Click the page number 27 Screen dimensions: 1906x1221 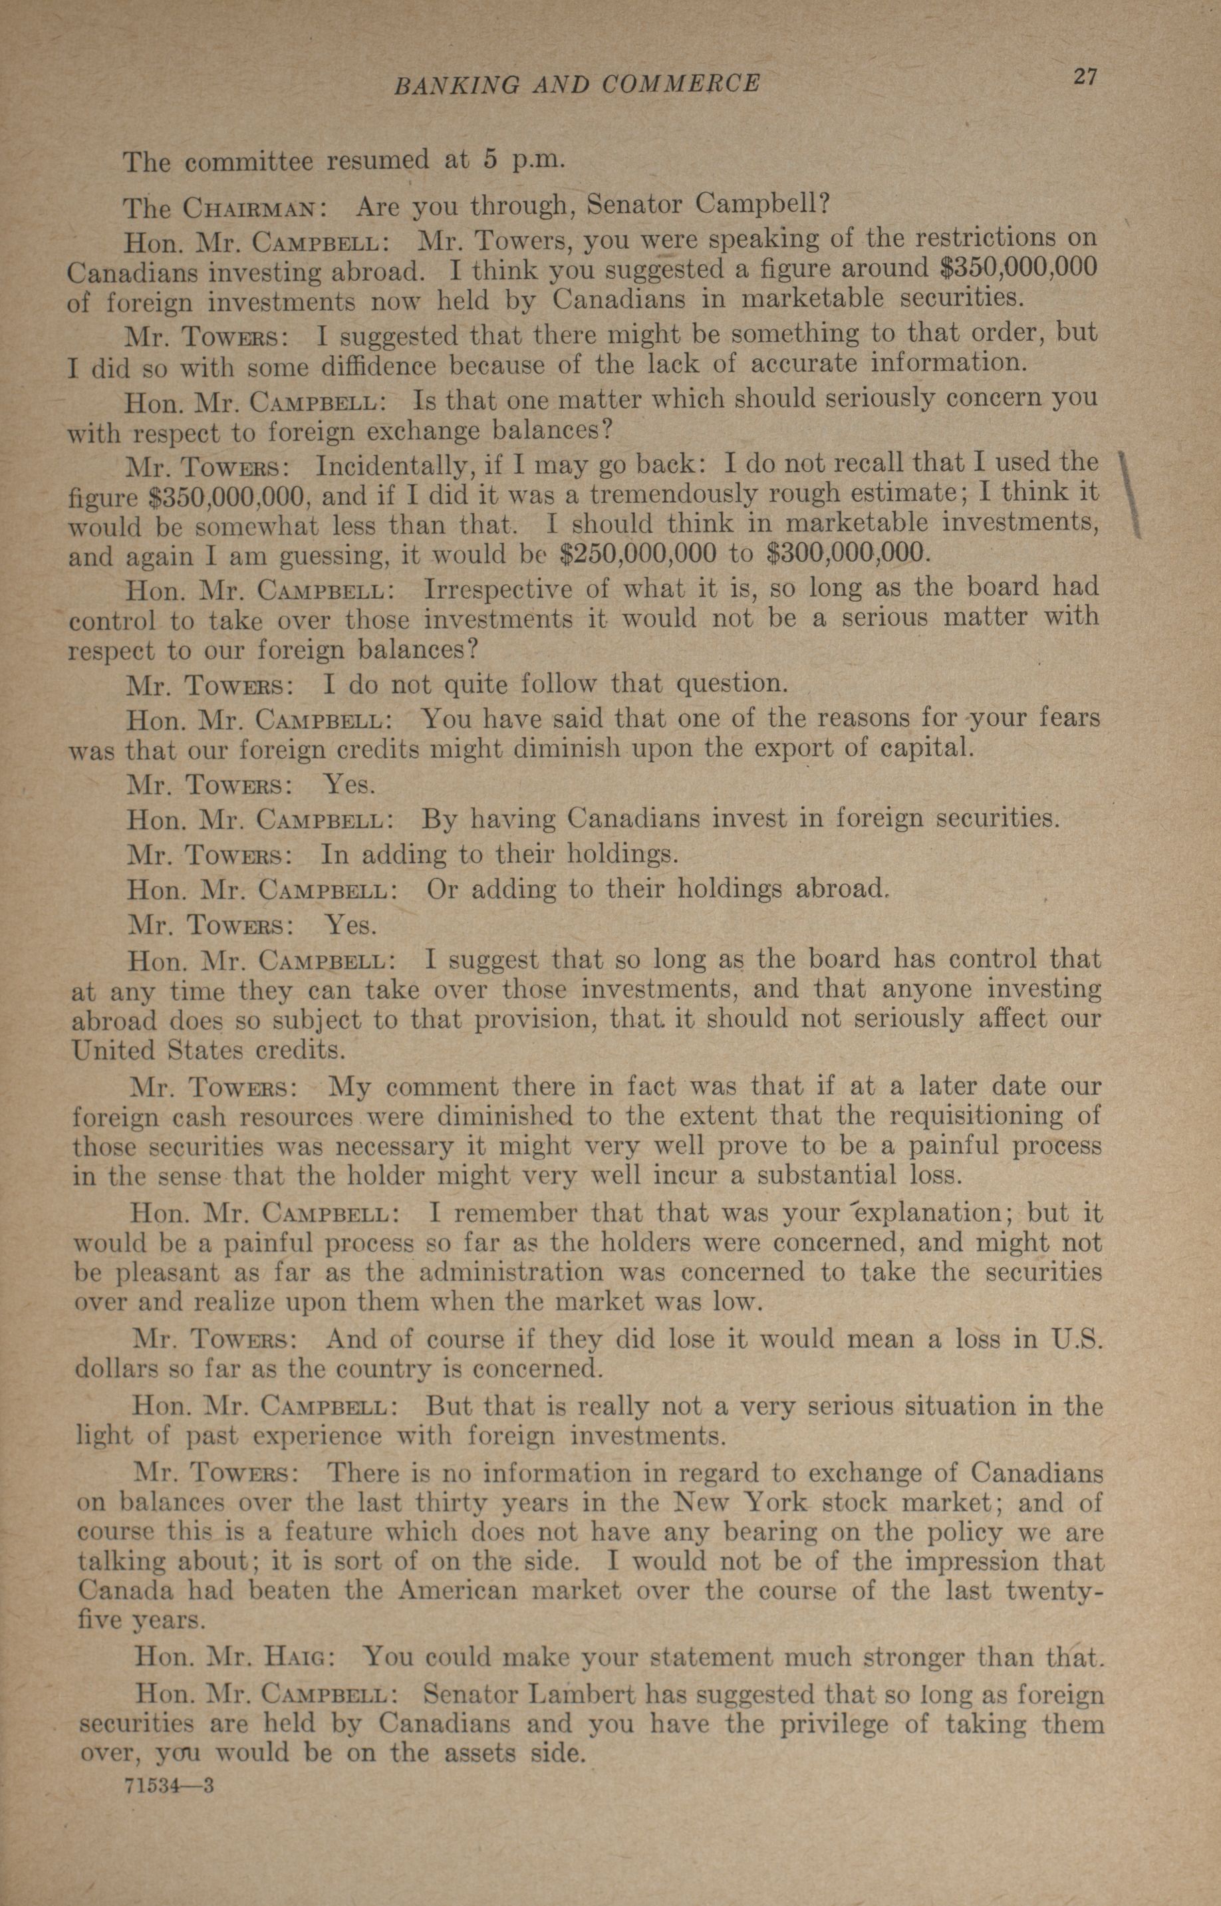tap(1084, 77)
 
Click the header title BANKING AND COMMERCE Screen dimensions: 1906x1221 tap(577, 84)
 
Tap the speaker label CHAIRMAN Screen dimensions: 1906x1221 tap(251, 209)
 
